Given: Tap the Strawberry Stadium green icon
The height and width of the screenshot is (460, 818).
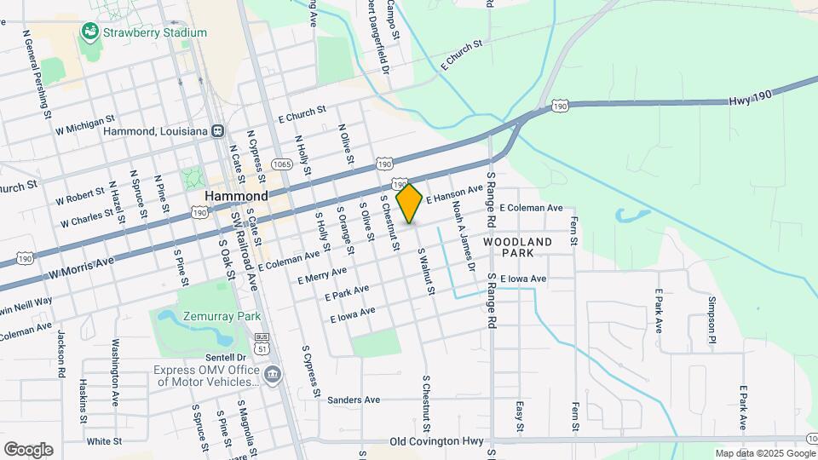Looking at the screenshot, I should (x=88, y=32).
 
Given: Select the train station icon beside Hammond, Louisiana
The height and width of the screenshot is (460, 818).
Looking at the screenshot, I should (x=218, y=131).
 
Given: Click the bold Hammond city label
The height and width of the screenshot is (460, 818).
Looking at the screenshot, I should (x=236, y=195).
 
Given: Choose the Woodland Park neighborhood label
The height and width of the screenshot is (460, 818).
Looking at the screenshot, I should (x=518, y=247).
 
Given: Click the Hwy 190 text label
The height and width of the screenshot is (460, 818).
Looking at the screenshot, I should (x=750, y=101).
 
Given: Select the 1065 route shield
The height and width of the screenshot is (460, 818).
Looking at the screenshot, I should (x=281, y=163).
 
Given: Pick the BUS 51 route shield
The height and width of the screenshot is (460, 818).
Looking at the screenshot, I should (x=263, y=344).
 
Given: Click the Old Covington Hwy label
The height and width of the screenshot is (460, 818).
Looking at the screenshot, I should (x=436, y=441).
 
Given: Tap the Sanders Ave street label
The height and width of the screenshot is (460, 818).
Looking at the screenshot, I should (x=354, y=400).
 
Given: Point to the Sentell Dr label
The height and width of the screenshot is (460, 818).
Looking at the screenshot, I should (x=225, y=357).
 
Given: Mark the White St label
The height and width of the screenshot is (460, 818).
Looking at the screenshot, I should (x=104, y=441).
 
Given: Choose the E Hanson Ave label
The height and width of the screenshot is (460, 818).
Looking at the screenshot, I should (x=455, y=196).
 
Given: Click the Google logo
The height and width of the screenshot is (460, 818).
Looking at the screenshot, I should (x=27, y=450).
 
